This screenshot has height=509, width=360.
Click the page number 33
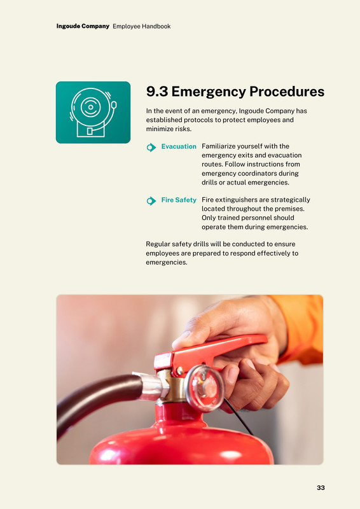[321, 487]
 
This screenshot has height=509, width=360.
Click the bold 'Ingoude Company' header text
[83, 26]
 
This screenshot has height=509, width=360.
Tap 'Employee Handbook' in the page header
[142, 26]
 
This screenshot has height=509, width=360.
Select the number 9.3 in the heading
[157, 92]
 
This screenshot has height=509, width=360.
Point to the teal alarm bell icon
[93, 113]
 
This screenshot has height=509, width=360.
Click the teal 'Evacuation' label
[179, 146]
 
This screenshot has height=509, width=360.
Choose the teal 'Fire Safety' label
[179, 200]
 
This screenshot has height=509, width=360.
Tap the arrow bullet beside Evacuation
[151, 148]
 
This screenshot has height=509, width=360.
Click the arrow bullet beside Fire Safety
[151, 201]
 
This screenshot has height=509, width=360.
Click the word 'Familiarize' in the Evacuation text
[218, 146]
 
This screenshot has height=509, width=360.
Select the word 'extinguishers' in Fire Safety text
[236, 200]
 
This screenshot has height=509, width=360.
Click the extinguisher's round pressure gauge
[205, 388]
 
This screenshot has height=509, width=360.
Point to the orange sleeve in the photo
[300, 328]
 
